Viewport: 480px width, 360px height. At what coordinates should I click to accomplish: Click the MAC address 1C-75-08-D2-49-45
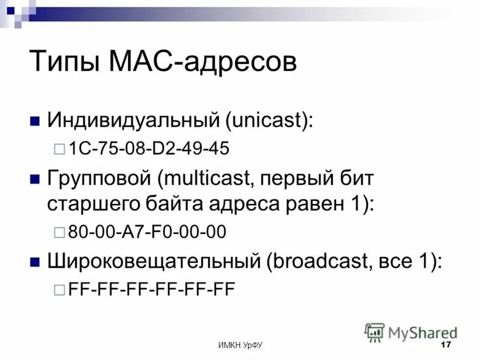149,149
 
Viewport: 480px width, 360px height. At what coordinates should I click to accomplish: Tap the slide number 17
445,345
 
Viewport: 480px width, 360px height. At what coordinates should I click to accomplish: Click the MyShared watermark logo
411,332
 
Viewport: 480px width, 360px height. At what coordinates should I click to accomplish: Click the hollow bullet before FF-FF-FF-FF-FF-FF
59,290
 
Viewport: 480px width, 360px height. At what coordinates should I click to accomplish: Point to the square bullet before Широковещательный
35,261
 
